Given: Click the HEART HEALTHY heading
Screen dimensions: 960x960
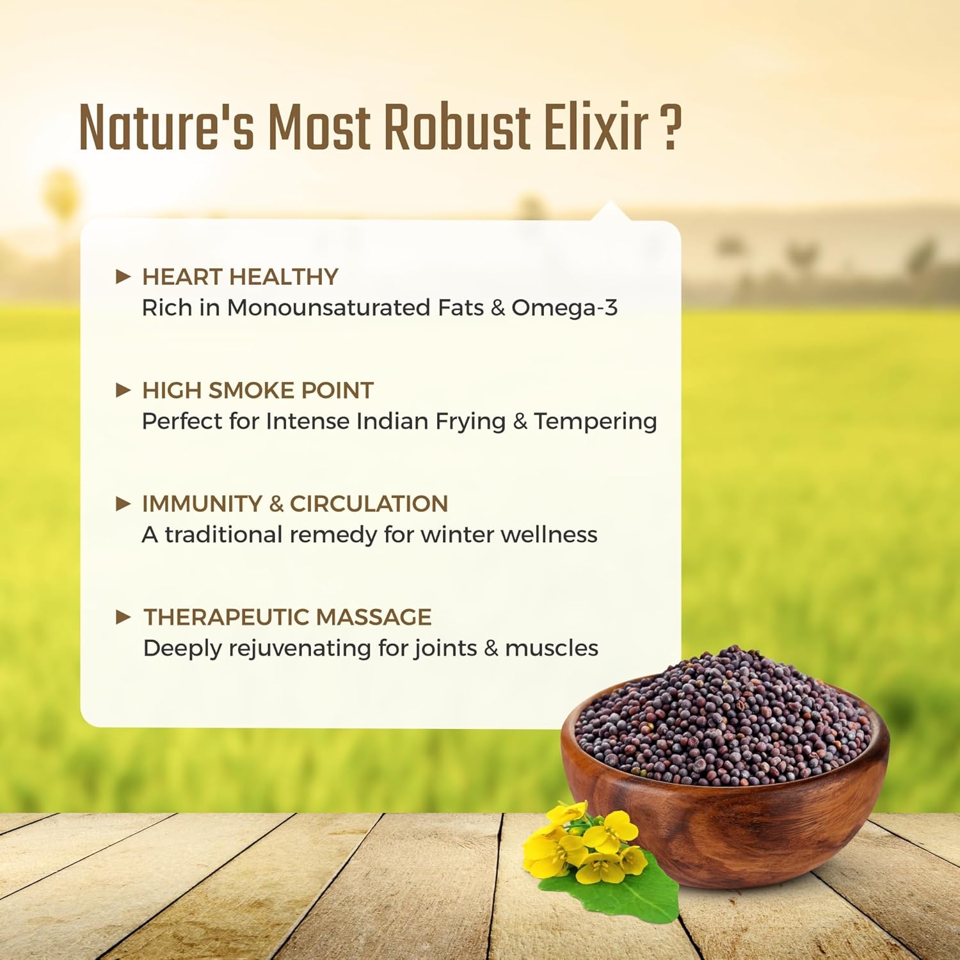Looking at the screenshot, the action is click(x=240, y=276).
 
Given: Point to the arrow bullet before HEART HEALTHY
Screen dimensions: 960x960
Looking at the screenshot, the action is click(x=124, y=276).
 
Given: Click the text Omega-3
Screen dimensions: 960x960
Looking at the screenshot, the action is click(x=564, y=308).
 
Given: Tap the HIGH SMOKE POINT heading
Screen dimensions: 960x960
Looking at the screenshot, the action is click(x=257, y=390).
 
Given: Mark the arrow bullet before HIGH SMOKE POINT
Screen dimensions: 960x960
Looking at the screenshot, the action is click(x=124, y=390).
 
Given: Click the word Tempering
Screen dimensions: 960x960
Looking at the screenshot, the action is click(x=595, y=422).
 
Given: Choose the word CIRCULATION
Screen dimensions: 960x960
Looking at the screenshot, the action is click(x=369, y=504).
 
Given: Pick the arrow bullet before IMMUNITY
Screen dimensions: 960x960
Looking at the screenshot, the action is click(x=124, y=504).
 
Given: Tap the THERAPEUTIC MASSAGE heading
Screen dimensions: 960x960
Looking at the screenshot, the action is click(x=287, y=617).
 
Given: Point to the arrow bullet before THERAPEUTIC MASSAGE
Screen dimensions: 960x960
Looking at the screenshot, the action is click(x=124, y=617).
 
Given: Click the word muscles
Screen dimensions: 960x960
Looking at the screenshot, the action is click(x=552, y=648).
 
